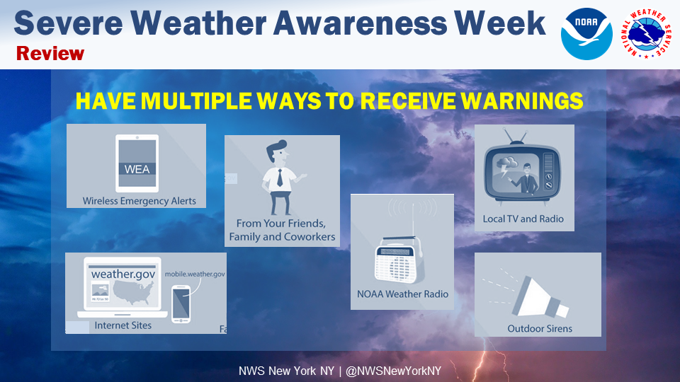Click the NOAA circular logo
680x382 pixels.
pyautogui.click(x=586, y=34)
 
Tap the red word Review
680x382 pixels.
pyautogui.click(x=50, y=54)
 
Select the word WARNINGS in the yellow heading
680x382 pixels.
pyautogui.click(x=522, y=101)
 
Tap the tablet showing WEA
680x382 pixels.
pyautogui.click(x=137, y=163)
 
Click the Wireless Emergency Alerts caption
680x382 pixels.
pyautogui.click(x=140, y=201)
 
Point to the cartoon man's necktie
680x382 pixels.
pyautogui.click(x=280, y=178)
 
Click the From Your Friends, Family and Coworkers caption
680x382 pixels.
pyautogui.click(x=282, y=230)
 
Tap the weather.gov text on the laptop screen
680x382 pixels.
pyautogui.click(x=123, y=274)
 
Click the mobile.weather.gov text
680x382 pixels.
pyautogui.click(x=195, y=274)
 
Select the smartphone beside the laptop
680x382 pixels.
pyautogui.click(x=181, y=304)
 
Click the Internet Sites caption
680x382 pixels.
pyautogui.click(x=123, y=325)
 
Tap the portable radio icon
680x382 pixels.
pyautogui.click(x=397, y=260)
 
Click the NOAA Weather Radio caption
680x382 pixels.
pyautogui.click(x=402, y=294)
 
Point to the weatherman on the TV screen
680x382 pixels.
pyautogui.click(x=526, y=178)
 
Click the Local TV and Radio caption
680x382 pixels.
pyautogui.click(x=523, y=219)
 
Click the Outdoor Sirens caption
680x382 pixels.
pyautogui.click(x=540, y=329)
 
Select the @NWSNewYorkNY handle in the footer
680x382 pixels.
pyautogui.click(x=393, y=371)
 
